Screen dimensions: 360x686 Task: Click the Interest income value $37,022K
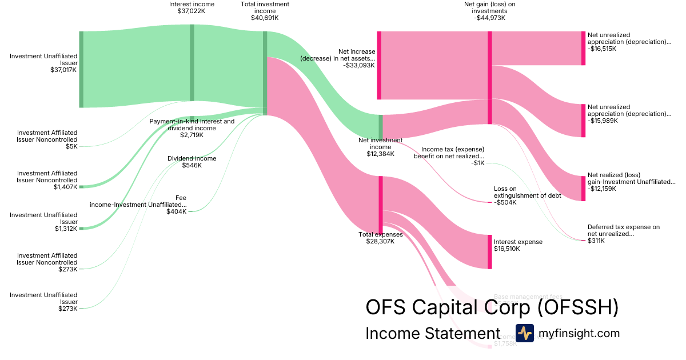[x=192, y=11]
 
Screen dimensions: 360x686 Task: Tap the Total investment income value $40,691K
[x=265, y=18]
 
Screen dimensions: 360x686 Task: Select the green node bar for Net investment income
[x=380, y=126]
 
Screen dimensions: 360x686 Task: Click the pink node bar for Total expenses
[x=380, y=205]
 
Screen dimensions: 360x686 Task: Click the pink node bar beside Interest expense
[x=489, y=251]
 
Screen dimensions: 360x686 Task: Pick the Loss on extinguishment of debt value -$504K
[x=505, y=202]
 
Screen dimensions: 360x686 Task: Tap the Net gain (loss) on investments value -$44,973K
[x=489, y=18]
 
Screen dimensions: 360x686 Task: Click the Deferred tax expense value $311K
[x=597, y=241]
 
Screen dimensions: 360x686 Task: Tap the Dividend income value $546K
[x=192, y=165]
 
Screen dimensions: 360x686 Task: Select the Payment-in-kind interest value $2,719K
[x=192, y=135]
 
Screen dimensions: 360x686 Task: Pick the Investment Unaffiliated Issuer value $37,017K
[x=63, y=70]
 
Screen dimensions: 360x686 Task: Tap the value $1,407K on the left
[x=66, y=187]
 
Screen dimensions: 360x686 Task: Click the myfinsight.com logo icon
[x=524, y=333]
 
